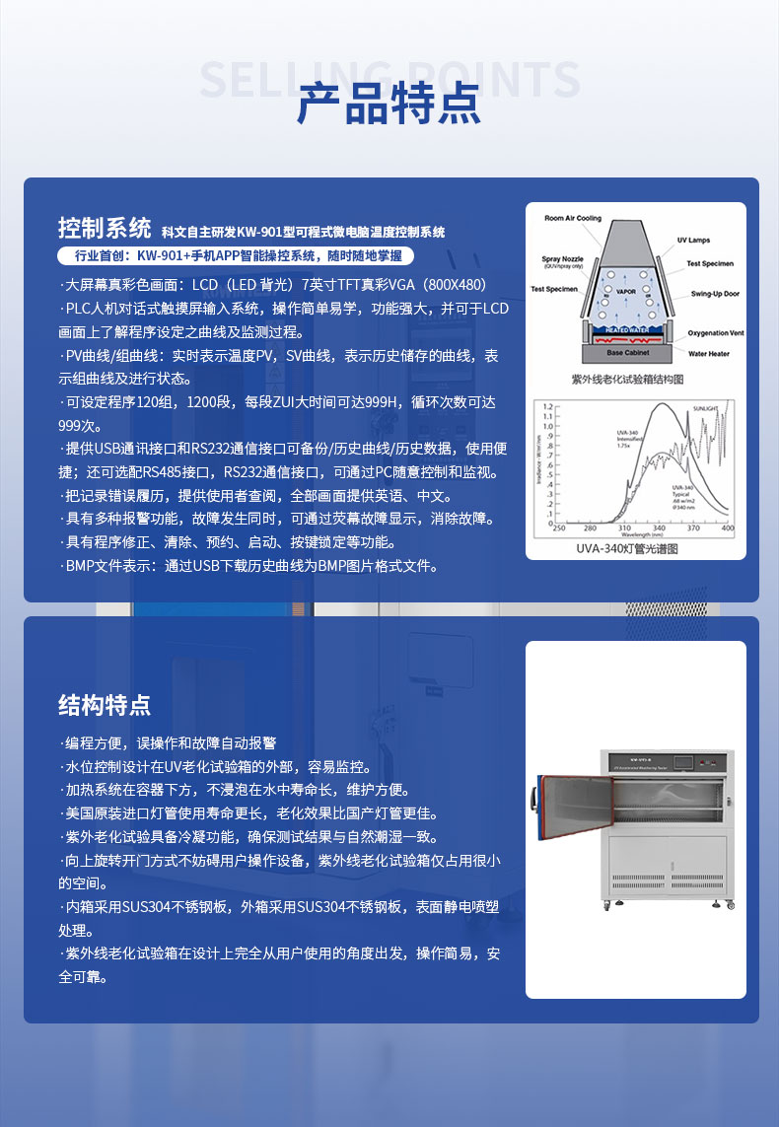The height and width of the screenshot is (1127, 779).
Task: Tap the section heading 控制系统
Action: click(x=104, y=229)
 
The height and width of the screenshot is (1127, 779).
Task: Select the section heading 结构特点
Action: click(x=104, y=705)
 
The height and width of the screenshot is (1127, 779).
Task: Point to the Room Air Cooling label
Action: click(x=573, y=218)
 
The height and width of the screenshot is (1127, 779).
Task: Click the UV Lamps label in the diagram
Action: click(x=693, y=241)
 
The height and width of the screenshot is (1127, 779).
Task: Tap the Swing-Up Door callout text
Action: click(x=714, y=294)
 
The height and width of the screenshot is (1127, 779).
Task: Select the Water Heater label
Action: click(x=708, y=353)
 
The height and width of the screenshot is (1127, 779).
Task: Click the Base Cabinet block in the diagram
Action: click(x=627, y=352)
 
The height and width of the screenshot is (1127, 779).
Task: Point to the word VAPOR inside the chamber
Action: click(x=626, y=292)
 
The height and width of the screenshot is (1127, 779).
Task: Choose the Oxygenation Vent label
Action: click(x=715, y=333)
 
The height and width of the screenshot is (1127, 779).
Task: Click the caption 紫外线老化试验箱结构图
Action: click(x=627, y=379)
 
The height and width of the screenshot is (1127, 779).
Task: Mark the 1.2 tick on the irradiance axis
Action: click(x=548, y=406)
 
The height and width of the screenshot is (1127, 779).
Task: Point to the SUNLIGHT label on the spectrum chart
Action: click(x=706, y=406)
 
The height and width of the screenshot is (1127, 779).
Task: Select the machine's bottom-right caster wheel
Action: click(x=730, y=905)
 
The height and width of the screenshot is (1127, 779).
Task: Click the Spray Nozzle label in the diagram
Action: click(x=562, y=261)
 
